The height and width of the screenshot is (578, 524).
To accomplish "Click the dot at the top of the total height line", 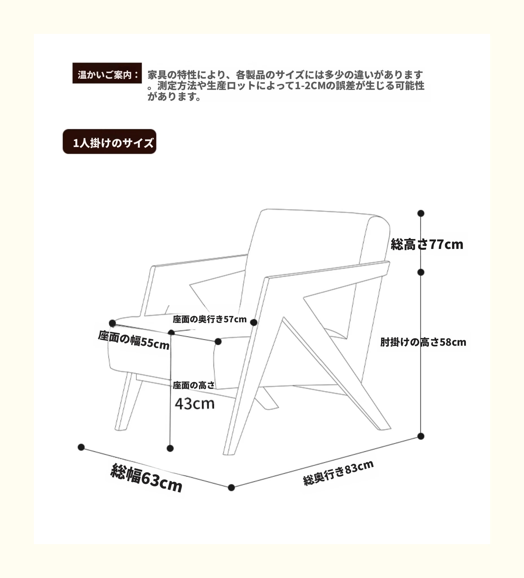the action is point(421,213).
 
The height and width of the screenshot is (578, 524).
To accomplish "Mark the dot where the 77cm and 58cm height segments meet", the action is point(421,272).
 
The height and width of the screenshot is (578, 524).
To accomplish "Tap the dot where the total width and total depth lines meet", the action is point(232,488).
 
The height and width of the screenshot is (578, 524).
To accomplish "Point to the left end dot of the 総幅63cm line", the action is point(81,447).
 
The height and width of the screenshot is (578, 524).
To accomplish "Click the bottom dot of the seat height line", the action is point(170,448).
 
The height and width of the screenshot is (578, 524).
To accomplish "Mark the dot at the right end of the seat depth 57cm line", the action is point(254,323).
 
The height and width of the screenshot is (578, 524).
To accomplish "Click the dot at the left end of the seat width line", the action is point(112,323).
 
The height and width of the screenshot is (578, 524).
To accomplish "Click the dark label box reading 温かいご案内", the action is point(107,73).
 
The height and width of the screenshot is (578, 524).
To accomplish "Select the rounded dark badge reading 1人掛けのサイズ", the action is point(109,142).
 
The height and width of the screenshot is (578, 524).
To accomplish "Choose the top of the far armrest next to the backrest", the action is point(201,260).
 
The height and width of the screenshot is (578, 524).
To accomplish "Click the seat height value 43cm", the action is point(195,404).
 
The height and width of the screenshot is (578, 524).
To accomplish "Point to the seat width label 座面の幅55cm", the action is point(134,340).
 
